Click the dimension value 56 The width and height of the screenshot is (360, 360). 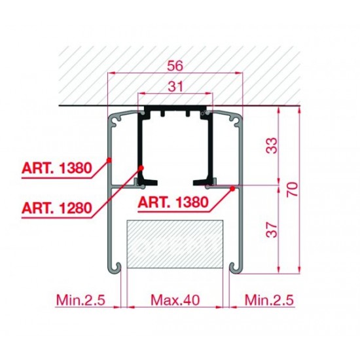[x=175, y=65]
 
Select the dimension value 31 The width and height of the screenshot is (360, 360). [x=175, y=86]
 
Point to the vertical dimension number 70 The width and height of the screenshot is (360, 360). [x=293, y=189]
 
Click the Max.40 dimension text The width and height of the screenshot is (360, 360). [x=175, y=300]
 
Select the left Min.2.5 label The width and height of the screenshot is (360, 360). [x=81, y=300]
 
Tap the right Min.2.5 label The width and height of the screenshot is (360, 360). [x=269, y=300]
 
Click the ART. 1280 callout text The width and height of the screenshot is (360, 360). [x=57, y=208]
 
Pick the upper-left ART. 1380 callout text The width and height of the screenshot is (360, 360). [x=57, y=168]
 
